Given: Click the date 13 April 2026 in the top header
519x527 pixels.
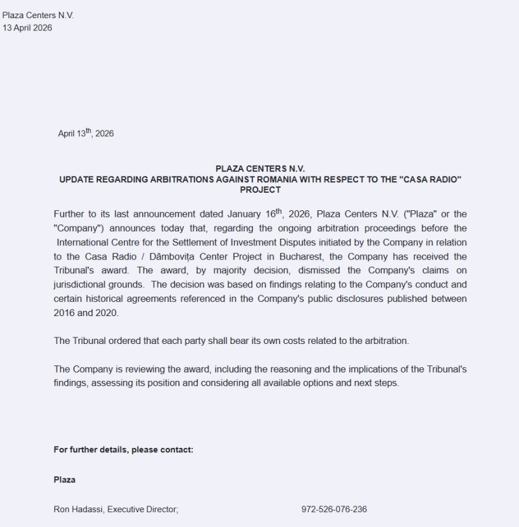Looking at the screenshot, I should pos(27,28).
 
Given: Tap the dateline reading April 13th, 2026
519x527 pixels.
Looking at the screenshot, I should pos(86,134).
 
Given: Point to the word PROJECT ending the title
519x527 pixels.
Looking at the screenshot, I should pos(260,190).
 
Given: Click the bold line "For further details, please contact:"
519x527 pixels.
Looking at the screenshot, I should pos(123,450).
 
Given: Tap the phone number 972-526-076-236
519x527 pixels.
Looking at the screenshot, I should pos(334,509).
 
